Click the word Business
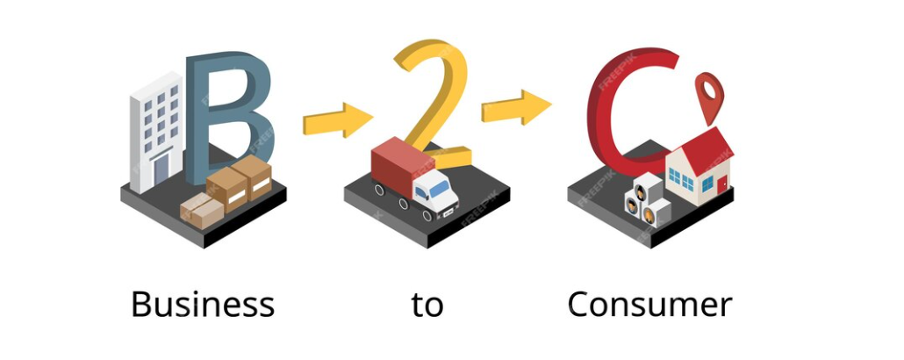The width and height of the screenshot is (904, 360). [x=202, y=305]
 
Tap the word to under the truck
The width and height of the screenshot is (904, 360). [x=427, y=305]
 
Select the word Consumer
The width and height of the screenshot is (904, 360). [x=649, y=305]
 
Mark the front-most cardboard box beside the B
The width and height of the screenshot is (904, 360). [x=201, y=211]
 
